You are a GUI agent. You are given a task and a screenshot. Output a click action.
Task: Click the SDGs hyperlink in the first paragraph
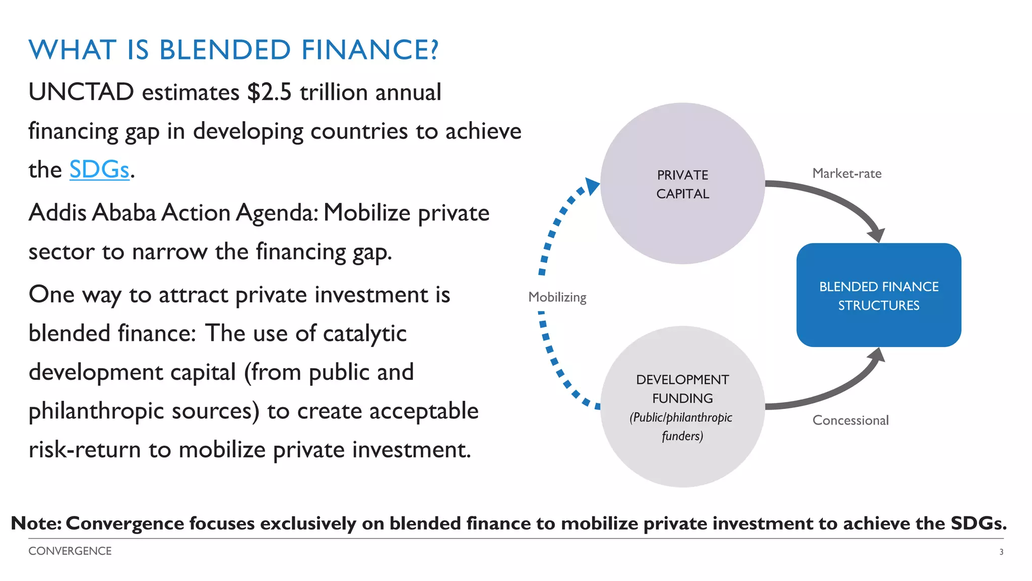pos(99,169)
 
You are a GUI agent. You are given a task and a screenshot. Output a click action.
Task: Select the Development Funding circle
pos(682,454)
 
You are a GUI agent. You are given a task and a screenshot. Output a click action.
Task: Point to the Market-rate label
pos(847,173)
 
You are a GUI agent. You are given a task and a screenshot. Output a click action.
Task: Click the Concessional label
pos(850,420)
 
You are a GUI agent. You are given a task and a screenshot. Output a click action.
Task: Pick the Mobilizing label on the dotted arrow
pos(557,297)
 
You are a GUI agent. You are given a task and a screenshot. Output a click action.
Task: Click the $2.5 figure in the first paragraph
pos(269,92)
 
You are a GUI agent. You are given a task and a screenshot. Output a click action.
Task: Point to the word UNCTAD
pos(81,92)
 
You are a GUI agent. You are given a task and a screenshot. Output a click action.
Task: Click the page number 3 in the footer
pos(1001,552)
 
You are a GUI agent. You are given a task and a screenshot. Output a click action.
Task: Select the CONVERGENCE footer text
pos(70,551)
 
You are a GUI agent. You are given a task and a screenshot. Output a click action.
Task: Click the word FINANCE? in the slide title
pos(370,50)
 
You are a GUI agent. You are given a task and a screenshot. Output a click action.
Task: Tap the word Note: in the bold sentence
pos(36,524)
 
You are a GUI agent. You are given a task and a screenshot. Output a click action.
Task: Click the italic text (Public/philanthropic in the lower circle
pos(680,418)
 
